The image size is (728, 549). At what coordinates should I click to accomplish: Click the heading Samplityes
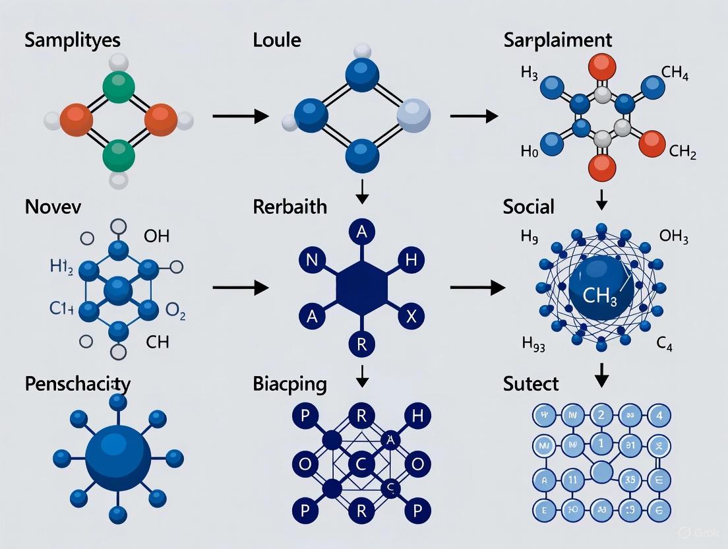pyautogui.click(x=73, y=40)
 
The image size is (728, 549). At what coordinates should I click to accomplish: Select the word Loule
pyautogui.click(x=276, y=40)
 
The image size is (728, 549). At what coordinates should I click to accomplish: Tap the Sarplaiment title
pyautogui.click(x=557, y=40)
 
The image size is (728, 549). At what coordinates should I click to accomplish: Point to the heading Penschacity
pyautogui.click(x=78, y=383)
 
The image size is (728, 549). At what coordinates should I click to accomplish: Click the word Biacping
pyautogui.click(x=289, y=383)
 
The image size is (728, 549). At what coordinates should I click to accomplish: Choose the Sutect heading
pyautogui.click(x=530, y=383)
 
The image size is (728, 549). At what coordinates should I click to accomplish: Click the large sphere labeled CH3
pyautogui.click(x=599, y=290)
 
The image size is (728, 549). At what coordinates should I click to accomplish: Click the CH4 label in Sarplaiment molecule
pyautogui.click(x=674, y=72)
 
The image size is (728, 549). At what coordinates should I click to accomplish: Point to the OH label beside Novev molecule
pyautogui.click(x=156, y=236)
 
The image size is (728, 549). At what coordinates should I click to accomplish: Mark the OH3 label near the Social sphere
pyautogui.click(x=673, y=236)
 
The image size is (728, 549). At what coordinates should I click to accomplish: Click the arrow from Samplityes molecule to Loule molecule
pyautogui.click(x=240, y=117)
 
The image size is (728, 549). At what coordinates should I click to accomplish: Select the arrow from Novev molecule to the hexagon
pyautogui.click(x=240, y=288)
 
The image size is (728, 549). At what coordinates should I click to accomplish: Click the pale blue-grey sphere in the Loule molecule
pyautogui.click(x=413, y=118)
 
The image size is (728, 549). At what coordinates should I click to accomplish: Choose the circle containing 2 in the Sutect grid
pyautogui.click(x=600, y=416)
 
